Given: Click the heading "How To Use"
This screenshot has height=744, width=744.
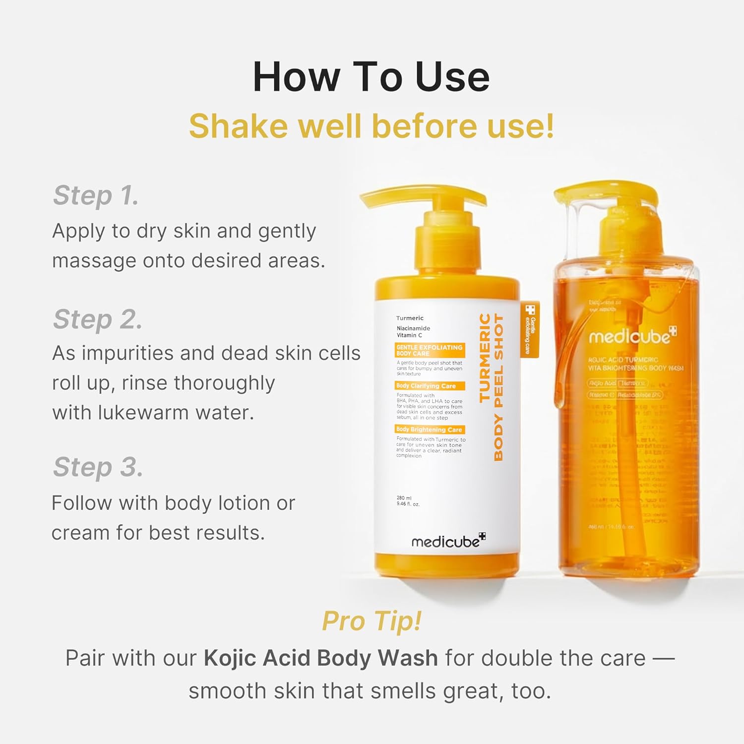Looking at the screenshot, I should (x=371, y=77).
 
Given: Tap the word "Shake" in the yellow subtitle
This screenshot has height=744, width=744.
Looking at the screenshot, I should (x=238, y=126).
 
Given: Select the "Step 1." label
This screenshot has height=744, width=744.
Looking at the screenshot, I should (x=96, y=195).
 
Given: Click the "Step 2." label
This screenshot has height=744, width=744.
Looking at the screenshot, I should (x=98, y=319).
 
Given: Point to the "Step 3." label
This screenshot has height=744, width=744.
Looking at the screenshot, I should (x=98, y=467).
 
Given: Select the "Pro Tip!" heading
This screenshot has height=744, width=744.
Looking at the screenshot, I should (x=372, y=620).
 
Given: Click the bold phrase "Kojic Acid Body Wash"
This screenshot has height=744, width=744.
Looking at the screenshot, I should (x=320, y=658).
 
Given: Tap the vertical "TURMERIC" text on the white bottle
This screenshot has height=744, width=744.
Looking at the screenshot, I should (x=485, y=357).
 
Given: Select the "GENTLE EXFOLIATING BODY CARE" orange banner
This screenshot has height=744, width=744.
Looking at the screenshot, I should (x=430, y=350).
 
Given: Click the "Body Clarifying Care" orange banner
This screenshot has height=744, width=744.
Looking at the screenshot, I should (x=430, y=386).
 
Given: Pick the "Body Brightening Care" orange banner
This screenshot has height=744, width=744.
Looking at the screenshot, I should (x=430, y=430).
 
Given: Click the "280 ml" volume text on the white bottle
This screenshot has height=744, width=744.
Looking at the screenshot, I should (x=404, y=498).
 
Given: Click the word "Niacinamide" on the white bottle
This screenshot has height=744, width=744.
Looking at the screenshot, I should (x=413, y=328).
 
